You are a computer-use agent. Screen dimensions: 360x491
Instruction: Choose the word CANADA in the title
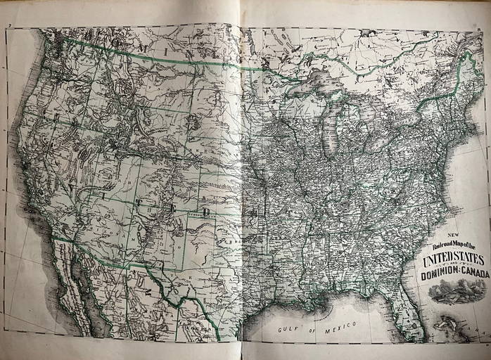(473, 274)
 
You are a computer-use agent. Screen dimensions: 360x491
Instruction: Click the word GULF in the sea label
(290, 329)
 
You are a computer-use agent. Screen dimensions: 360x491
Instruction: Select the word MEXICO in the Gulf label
(342, 325)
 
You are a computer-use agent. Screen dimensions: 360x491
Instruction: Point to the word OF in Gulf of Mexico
(313, 327)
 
